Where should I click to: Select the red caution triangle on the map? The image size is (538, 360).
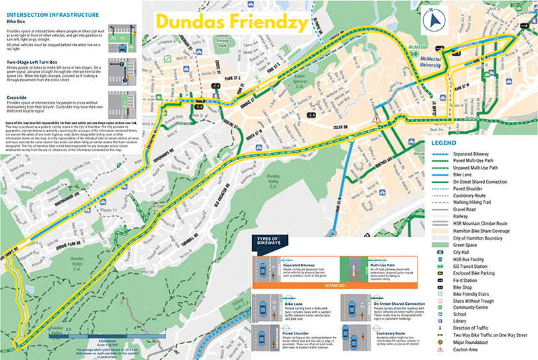coord(377,118)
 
